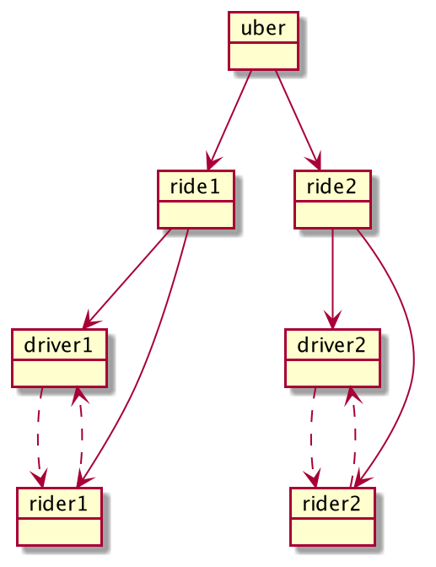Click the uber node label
(263, 28)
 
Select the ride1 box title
(195, 186)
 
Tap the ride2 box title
(331, 186)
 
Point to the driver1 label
(58, 345)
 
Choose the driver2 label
(331, 345)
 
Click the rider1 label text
(58, 504)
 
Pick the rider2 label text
(331, 504)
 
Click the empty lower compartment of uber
(263, 56)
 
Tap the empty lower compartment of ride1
(196, 215)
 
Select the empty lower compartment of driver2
(332, 374)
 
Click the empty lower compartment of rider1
(59, 532)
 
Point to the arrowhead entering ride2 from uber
(315, 162)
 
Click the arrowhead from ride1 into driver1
(89, 321)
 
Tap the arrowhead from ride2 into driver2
(332, 321)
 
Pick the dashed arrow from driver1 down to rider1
(38, 438)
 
